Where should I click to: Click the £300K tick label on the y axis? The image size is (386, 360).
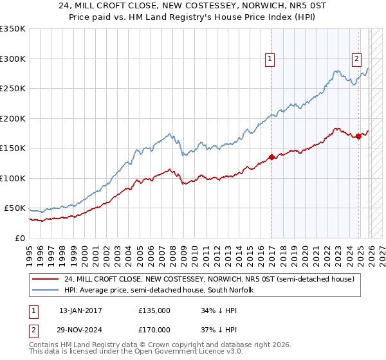13,59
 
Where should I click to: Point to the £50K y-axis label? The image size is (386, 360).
15,208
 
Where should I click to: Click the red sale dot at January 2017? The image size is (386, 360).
271,157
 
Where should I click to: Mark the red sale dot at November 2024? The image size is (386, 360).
359,136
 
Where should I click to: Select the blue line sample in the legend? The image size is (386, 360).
46,290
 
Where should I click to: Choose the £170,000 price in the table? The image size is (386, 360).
154,329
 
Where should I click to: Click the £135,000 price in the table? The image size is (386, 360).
154,310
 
